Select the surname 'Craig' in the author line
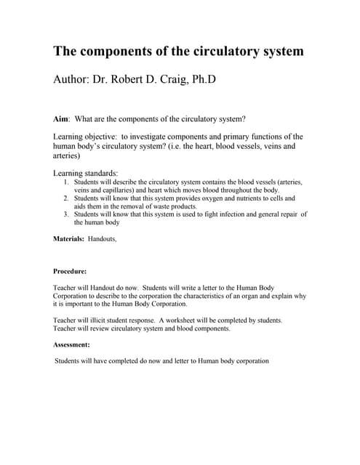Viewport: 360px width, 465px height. [x=169, y=78]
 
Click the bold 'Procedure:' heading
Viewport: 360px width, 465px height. [x=71, y=271]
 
